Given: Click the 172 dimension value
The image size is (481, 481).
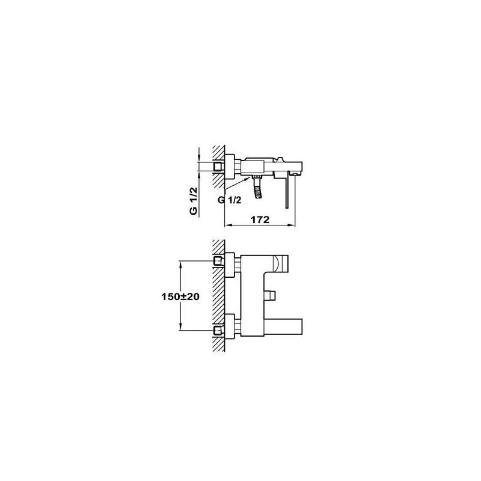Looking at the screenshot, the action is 260,219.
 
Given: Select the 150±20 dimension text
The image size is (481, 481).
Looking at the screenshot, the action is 180,296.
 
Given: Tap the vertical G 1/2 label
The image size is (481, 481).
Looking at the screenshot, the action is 194,201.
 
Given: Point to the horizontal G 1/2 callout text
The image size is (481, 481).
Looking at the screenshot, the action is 230,200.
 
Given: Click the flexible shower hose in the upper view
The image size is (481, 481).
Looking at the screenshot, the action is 257,189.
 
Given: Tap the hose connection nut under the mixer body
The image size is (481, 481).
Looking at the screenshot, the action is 257,177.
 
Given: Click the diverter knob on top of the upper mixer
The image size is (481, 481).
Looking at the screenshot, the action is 280,159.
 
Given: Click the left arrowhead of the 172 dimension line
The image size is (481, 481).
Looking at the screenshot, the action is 227,225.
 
